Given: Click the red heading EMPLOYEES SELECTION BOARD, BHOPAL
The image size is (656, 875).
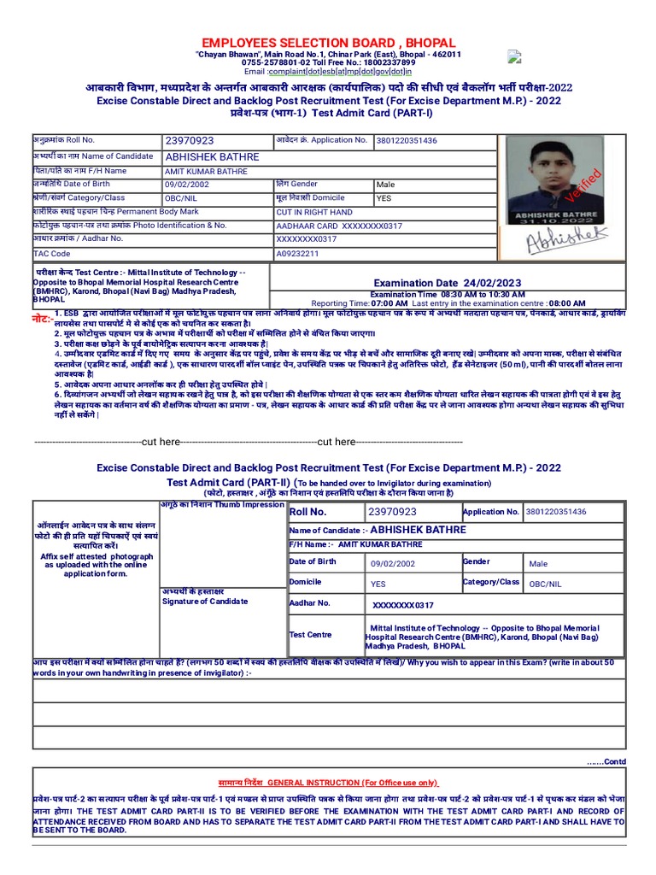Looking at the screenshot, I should [x=328, y=43].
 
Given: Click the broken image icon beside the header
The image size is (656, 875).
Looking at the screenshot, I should [x=513, y=57].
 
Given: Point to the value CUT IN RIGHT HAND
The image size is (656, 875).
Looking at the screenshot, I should [x=313, y=212].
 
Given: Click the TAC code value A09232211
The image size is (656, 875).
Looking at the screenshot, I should [x=297, y=254].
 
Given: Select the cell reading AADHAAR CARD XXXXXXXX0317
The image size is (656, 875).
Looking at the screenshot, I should [x=326, y=226].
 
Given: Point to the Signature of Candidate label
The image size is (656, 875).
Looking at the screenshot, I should [x=205, y=601].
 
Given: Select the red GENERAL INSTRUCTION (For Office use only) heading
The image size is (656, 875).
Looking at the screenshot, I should [x=328, y=782].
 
